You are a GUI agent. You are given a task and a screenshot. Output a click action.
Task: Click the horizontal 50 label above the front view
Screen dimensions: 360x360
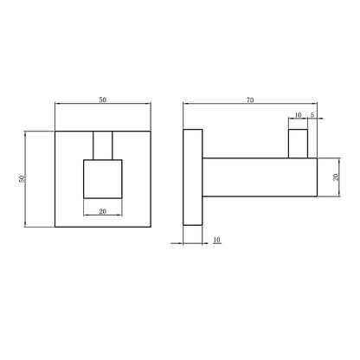[103, 100]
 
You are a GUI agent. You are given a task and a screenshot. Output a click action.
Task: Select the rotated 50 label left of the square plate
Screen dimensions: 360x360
[22, 179]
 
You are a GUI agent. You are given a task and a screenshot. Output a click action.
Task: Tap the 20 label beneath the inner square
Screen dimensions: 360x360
[103, 211]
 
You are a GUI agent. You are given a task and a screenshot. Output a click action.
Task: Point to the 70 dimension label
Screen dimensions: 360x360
[250, 100]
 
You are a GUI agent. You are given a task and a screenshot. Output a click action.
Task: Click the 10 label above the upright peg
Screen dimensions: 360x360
[298, 115]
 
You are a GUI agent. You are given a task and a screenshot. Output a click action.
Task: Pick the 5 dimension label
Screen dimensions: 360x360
[312, 115]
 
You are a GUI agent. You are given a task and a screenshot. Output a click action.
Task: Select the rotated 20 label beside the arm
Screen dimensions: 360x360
[336, 177]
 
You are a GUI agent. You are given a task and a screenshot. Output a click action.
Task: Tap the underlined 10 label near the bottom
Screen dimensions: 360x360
[217, 240]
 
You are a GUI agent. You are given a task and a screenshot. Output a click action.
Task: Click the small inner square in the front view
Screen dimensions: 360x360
[103, 179]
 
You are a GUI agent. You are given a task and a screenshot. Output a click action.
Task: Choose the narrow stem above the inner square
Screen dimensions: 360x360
[103, 145]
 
